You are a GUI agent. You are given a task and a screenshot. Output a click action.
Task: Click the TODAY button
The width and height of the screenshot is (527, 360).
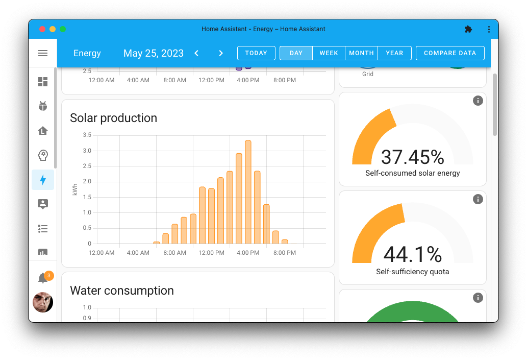pos(256,53)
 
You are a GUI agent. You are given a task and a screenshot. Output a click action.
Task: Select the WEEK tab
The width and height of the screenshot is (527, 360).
pos(329,53)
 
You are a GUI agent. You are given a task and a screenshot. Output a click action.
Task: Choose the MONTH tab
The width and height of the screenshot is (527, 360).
pos(361,53)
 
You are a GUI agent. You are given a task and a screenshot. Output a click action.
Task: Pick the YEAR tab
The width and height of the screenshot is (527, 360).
pos(394,53)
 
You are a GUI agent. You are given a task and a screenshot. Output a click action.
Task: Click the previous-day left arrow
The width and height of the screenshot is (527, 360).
pos(196,53)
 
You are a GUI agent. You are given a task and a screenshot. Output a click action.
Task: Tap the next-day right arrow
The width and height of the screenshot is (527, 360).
pos(221,53)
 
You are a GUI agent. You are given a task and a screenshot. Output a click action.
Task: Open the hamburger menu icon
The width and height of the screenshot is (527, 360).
pos(43,53)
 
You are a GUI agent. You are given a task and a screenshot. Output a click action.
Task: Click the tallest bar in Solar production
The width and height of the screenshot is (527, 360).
pos(248,192)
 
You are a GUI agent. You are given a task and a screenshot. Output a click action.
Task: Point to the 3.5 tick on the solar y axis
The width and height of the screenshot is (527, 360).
pos(87,135)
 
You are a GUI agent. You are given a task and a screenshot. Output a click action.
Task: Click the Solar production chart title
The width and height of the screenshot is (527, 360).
pos(113,118)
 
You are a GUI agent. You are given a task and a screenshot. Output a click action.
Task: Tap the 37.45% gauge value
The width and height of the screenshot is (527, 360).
pos(412,157)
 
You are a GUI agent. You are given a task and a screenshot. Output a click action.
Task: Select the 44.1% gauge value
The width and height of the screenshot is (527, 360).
pos(412,254)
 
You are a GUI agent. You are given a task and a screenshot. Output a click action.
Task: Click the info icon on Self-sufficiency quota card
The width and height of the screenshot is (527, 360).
pos(478,199)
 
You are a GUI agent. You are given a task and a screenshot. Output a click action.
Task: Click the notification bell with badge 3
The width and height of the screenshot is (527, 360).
pos(43,278)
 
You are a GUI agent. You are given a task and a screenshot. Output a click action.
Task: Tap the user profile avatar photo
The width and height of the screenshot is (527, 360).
pos(43,302)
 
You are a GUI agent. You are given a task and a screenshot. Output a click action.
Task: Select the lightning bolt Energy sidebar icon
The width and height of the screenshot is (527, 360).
pos(43,180)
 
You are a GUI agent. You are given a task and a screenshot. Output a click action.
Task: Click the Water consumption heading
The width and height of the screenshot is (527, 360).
pos(121,291)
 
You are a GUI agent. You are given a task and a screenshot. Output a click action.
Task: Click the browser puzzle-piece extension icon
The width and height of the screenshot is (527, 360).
pos(468,29)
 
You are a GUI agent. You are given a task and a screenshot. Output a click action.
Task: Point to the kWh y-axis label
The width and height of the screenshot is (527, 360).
pos(76,189)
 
